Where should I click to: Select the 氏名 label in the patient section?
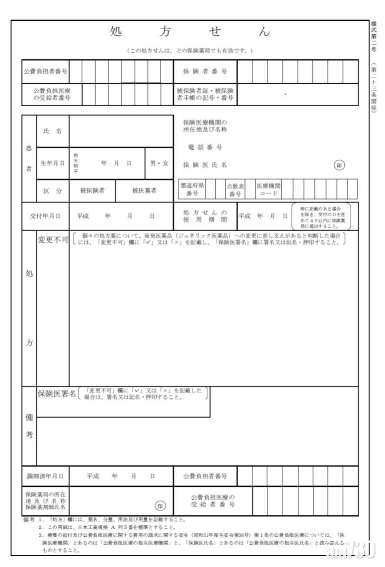click(53, 131)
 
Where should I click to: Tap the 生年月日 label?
click(53, 164)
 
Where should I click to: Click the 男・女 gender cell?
click(159, 164)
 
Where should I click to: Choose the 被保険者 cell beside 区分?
click(92, 190)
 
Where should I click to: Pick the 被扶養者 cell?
click(144, 190)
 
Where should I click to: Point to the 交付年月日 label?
click(45, 216)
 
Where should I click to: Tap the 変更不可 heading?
click(53, 240)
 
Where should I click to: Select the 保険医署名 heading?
click(56, 394)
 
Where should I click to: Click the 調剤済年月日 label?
click(45, 476)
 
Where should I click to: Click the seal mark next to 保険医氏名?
click(339, 165)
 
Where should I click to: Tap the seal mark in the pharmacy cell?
click(160, 506)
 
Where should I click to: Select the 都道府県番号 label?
click(192, 189)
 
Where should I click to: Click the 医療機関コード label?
click(268, 189)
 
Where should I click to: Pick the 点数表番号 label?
click(235, 190)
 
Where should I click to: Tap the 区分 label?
click(53, 190)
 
